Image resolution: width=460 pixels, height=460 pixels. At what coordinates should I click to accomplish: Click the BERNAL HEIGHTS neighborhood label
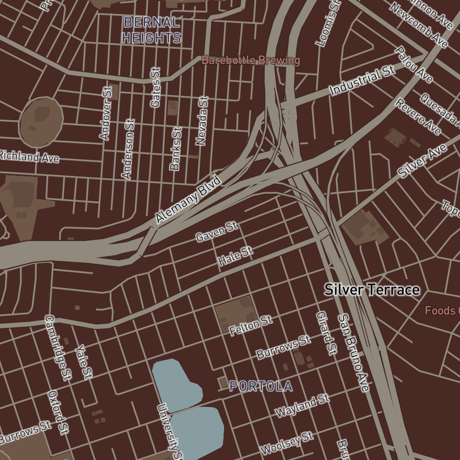click(x=151, y=30)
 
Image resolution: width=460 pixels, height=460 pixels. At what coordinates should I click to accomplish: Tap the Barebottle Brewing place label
click(x=251, y=61)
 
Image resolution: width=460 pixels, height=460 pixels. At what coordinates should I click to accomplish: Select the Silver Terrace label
click(x=372, y=290)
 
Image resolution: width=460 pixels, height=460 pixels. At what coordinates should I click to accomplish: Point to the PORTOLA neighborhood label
click(x=260, y=386)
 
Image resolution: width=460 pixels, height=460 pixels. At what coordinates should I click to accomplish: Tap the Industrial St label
click(x=363, y=80)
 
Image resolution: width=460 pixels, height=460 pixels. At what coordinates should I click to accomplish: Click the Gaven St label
click(x=217, y=232)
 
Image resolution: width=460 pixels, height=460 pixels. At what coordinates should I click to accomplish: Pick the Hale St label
click(x=235, y=256)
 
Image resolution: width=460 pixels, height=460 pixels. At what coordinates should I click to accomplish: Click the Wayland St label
click(x=303, y=406)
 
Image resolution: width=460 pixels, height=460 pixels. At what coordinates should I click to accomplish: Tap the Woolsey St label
click(x=287, y=443)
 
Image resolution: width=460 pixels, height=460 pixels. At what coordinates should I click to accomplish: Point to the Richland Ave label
click(x=29, y=156)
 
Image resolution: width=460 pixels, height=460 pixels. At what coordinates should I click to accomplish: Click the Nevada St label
click(x=201, y=121)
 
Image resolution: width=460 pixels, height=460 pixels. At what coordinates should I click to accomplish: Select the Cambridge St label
click(x=59, y=347)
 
